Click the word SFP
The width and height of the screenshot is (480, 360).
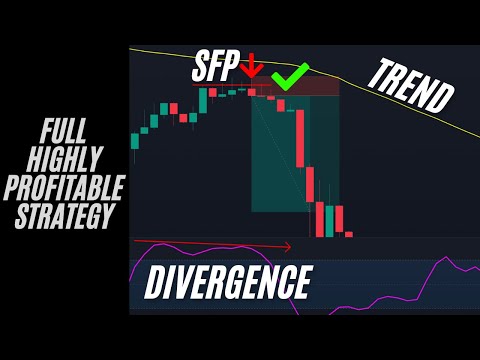(x=217, y=67)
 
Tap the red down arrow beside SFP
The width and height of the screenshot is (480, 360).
(x=251, y=67)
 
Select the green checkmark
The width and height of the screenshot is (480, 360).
(x=290, y=75)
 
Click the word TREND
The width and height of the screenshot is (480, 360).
(x=411, y=88)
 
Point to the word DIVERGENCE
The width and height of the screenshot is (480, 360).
(x=228, y=282)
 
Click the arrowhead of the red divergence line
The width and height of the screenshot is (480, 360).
(x=288, y=246)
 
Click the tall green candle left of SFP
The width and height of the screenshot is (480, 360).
(x=202, y=100)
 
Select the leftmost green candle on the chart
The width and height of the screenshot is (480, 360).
(x=134, y=141)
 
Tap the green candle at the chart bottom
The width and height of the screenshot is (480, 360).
(x=329, y=220)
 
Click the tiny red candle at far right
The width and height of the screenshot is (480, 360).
(x=349, y=234)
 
